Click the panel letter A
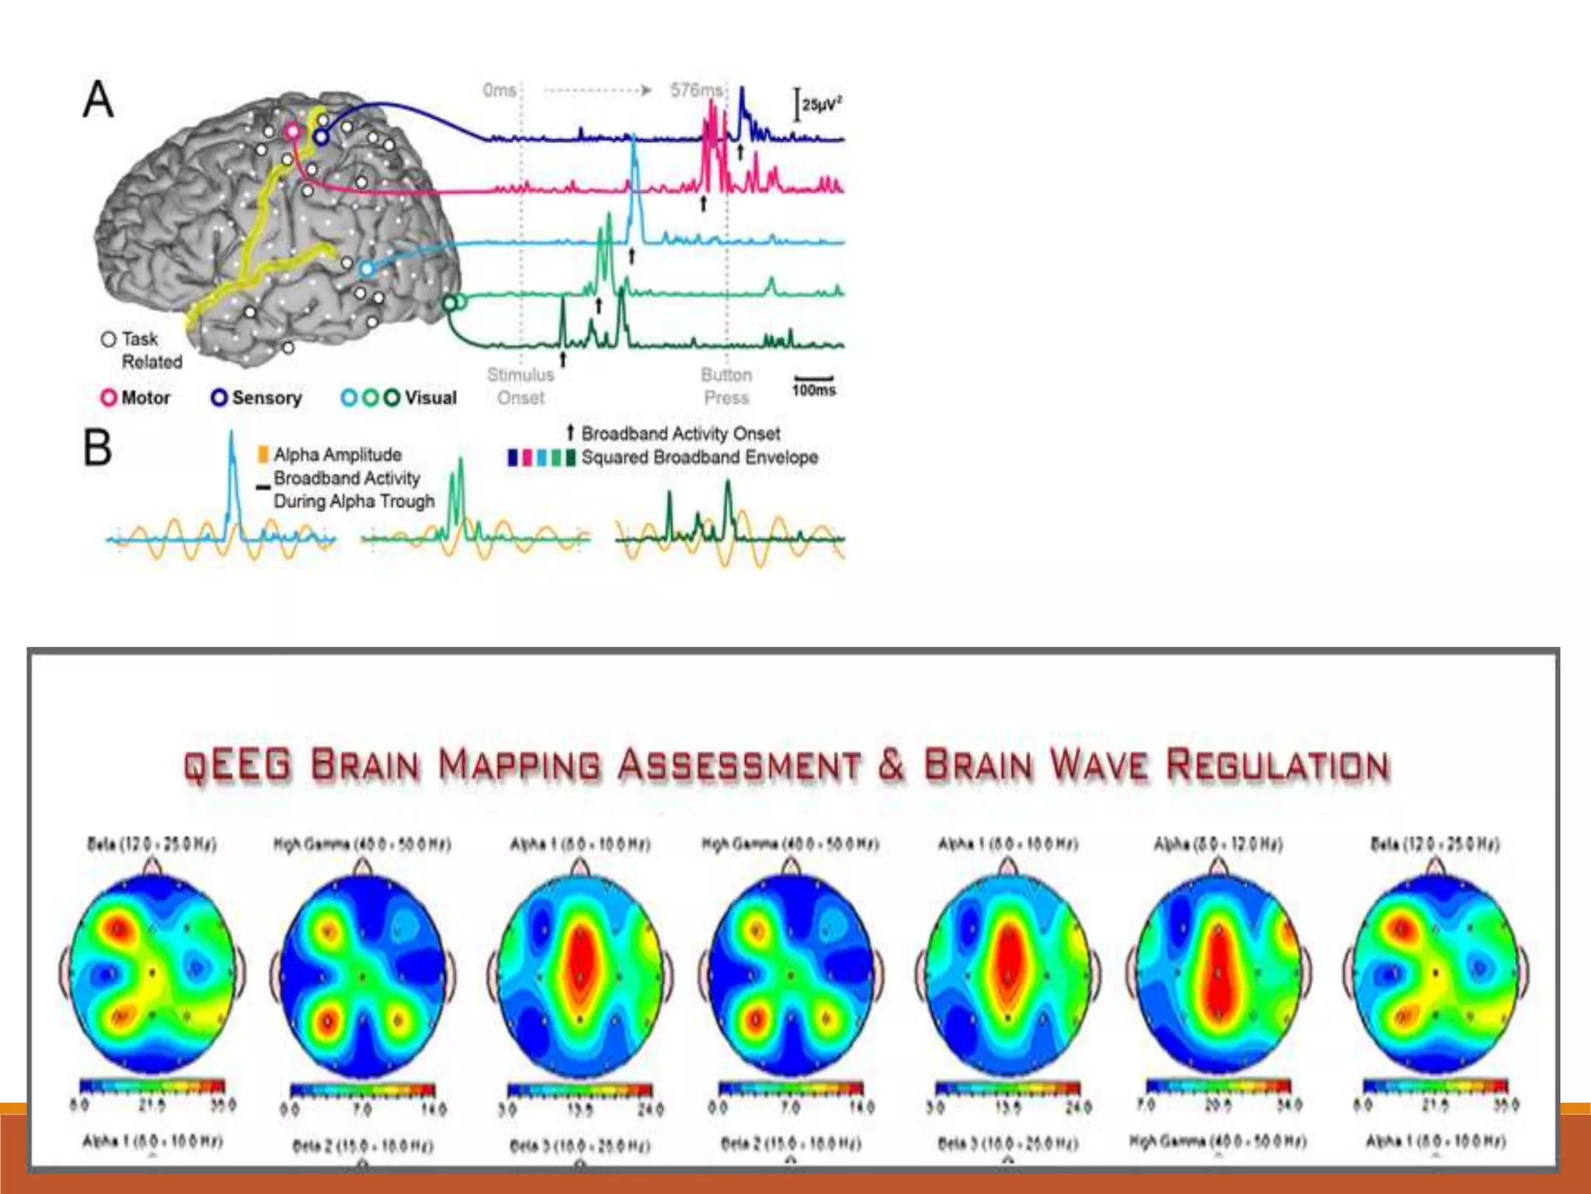tap(99, 100)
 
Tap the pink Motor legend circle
tap(109, 398)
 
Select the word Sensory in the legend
tap(266, 398)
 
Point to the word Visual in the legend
tap(430, 398)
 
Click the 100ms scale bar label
tap(813, 390)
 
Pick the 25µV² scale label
tap(822, 104)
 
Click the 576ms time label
tap(696, 90)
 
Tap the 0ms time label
tap(500, 90)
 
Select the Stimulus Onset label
tap(520, 386)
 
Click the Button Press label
tap(726, 386)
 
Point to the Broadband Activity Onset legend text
tap(681, 433)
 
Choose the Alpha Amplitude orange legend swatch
tap(263, 454)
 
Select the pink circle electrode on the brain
tap(292, 131)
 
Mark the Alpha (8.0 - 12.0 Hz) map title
tap(1217, 844)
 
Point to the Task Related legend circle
tap(109, 340)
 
